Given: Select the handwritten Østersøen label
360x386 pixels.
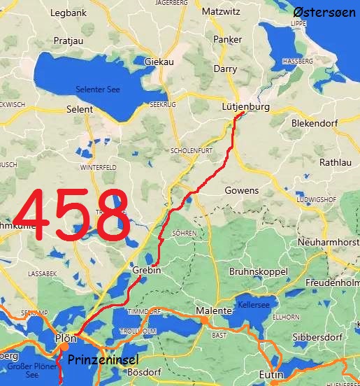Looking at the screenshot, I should tap(324, 12).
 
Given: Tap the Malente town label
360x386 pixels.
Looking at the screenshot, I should tap(213, 310).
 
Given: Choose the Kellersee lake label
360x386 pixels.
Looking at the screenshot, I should tap(253, 306).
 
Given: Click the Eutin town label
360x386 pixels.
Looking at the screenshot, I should tap(271, 376).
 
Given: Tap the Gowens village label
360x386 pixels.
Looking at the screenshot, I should tap(242, 190).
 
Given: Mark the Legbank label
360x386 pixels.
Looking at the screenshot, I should tap(68, 13).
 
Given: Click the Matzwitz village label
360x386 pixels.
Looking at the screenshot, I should tap(220, 11).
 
